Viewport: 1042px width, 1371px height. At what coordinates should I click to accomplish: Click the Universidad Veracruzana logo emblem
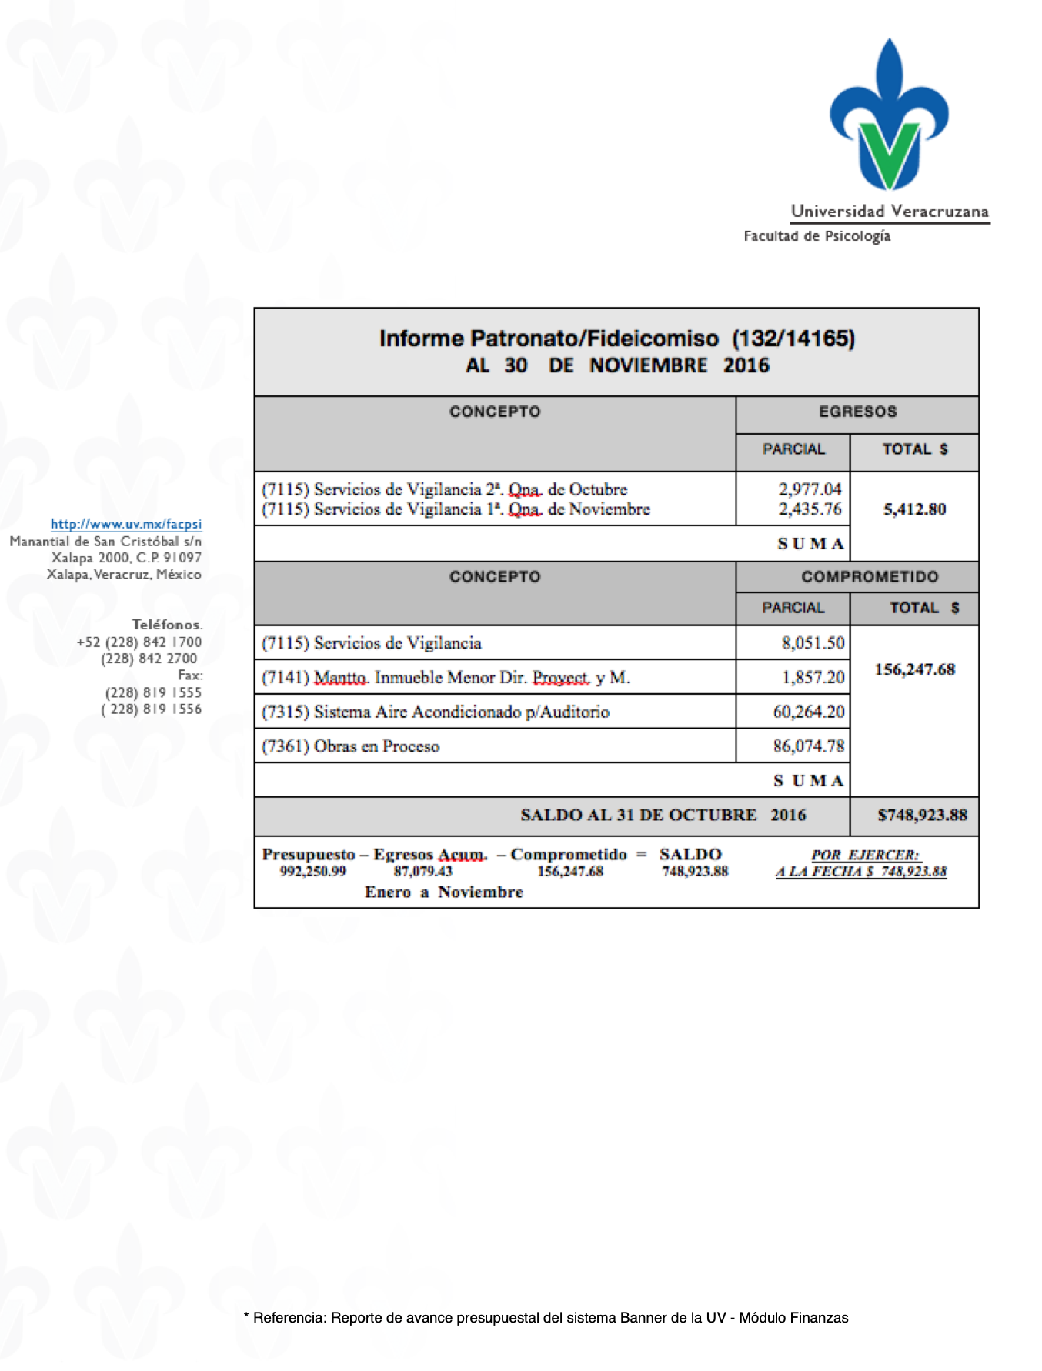click(890, 115)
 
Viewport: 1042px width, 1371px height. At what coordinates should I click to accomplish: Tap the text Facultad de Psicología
click(817, 236)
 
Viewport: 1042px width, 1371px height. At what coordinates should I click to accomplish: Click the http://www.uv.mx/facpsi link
click(126, 524)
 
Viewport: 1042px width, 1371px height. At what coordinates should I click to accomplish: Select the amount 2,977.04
click(810, 489)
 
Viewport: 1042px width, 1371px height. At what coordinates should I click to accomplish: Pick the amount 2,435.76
click(810, 509)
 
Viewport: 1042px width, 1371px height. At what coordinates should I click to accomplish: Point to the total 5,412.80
click(914, 509)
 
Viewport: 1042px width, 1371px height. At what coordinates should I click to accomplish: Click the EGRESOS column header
click(857, 412)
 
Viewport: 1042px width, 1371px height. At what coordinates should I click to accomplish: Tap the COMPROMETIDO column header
click(870, 577)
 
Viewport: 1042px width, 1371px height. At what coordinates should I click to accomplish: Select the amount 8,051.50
click(813, 643)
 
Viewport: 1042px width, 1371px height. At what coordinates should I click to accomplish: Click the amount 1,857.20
click(813, 678)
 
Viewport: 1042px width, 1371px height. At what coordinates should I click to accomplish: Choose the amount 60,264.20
click(808, 712)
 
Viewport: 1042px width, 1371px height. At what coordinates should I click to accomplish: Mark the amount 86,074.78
click(808, 746)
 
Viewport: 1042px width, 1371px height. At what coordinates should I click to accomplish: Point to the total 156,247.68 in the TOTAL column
click(914, 670)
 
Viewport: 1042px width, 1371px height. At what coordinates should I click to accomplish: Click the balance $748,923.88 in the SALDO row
click(922, 816)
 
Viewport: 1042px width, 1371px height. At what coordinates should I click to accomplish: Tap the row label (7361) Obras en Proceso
click(350, 746)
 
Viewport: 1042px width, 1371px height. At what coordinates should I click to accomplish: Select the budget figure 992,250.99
click(312, 872)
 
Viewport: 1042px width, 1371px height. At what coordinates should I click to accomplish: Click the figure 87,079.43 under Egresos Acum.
click(422, 872)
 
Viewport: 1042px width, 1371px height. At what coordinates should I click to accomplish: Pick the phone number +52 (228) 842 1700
click(139, 642)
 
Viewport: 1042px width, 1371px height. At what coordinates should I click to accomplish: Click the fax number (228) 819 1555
click(153, 692)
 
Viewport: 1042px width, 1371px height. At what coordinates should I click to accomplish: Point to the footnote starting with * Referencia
click(546, 1318)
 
